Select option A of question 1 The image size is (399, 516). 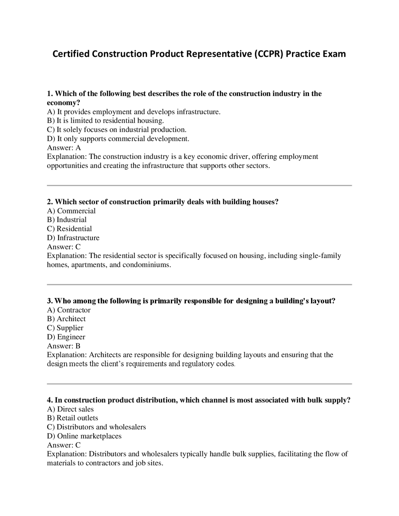(134, 112)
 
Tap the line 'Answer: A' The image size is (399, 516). (64, 148)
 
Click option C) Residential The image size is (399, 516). (70, 229)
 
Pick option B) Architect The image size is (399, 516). (66, 319)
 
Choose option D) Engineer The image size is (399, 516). (66, 337)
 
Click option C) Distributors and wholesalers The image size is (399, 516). (96, 427)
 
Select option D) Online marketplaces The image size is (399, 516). (84, 436)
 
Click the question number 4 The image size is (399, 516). (50, 400)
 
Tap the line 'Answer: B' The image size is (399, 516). (64, 346)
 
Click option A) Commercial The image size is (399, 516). (71, 211)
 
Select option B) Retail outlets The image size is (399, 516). (73, 418)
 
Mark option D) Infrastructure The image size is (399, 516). (73, 238)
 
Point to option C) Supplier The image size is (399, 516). (65, 328)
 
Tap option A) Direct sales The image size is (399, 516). (70, 409)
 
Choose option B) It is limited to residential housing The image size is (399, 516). (105, 121)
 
